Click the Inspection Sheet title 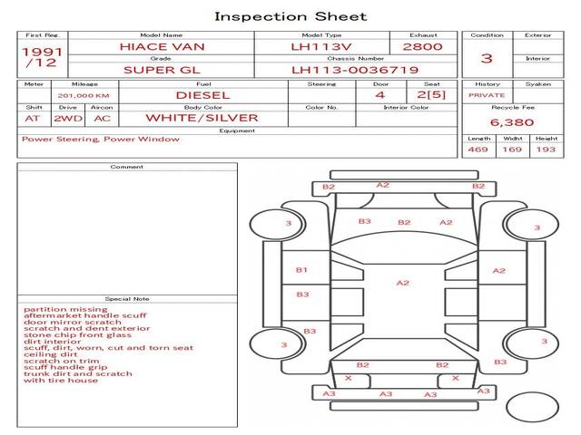click(290, 16)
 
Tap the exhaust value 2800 click(423, 45)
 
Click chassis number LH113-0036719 click(354, 69)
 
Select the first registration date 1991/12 click(42, 57)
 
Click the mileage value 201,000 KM click(84, 94)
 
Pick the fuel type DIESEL click(202, 94)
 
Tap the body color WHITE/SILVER click(202, 118)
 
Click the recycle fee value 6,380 click(511, 121)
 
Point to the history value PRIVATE click(487, 94)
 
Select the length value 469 click(478, 150)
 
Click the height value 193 click(545, 150)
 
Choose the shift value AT click(33, 118)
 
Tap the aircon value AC click(102, 118)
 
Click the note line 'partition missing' click(59, 308)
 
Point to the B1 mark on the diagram click(301, 270)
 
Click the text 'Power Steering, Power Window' click(100, 140)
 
